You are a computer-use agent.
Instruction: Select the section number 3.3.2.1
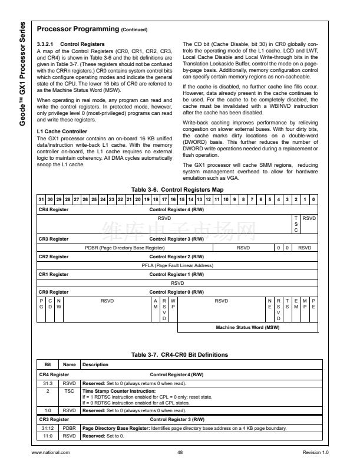tap(46, 45)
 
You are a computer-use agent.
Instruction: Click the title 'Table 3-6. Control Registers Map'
tap(177, 189)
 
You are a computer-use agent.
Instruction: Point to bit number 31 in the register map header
tap(41, 200)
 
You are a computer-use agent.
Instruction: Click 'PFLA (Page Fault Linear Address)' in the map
tap(177, 265)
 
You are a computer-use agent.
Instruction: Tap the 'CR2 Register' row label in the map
tap(54, 257)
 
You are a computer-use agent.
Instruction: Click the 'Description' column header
tap(95, 364)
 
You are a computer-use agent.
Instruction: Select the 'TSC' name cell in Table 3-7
tap(69, 390)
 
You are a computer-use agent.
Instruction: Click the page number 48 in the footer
tap(180, 452)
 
